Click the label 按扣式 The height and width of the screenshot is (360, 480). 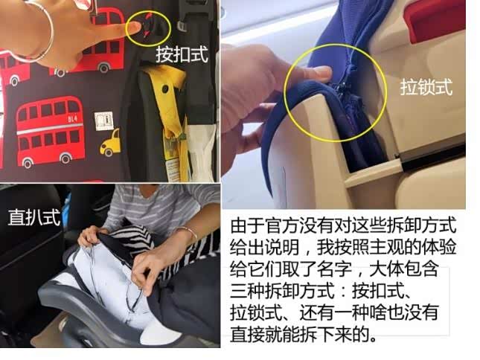[182, 55]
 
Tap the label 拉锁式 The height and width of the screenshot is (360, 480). [426, 87]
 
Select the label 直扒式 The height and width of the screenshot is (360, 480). [34, 217]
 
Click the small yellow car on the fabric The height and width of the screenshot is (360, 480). [110, 143]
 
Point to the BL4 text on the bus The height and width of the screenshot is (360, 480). [72, 118]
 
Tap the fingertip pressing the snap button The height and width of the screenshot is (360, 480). [134, 29]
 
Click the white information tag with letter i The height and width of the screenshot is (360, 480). [103, 121]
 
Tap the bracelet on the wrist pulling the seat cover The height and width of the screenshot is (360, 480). [187, 233]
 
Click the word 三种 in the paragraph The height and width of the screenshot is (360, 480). [248, 291]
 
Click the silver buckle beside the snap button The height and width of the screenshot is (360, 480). [182, 26]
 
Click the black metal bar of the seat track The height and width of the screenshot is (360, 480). [434, 157]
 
